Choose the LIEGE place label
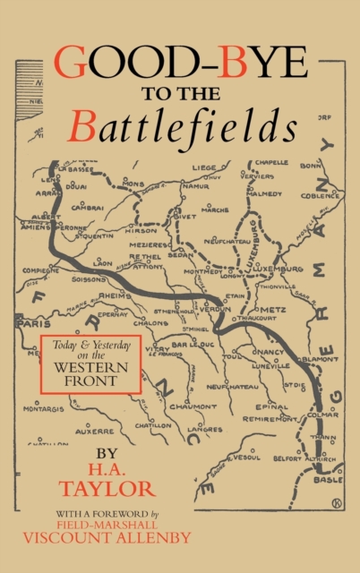point(204,166)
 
